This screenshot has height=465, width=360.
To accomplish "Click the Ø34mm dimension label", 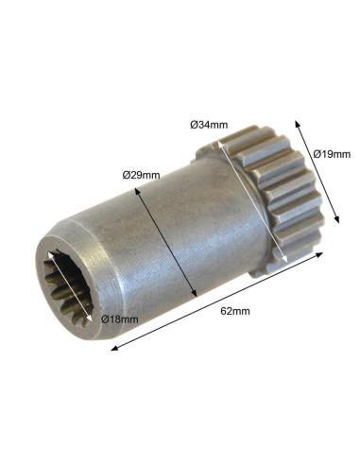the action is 209,125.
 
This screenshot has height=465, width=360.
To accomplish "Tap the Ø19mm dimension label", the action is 332,154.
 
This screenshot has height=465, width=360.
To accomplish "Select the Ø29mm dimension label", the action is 141,175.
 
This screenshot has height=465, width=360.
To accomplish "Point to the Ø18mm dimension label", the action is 120,319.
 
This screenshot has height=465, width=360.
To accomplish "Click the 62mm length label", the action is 235,311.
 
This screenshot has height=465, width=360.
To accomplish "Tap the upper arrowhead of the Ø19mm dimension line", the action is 297,124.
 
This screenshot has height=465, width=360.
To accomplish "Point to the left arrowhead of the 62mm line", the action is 115,348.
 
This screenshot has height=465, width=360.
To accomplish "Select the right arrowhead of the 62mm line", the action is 319,254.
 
